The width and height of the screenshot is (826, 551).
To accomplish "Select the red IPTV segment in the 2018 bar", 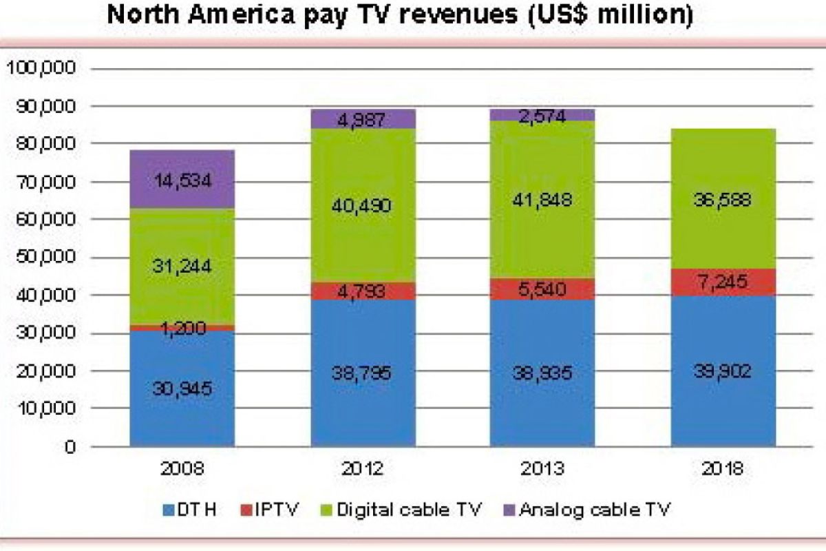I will click(x=723, y=282).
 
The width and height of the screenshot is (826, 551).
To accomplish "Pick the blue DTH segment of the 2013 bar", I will click(x=542, y=376).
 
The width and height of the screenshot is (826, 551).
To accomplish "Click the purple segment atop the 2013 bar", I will click(x=542, y=115).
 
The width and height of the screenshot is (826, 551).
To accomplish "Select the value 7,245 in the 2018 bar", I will click(x=723, y=282).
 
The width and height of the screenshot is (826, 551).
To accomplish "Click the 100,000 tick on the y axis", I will click(x=44, y=69).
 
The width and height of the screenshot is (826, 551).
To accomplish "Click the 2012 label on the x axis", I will click(x=363, y=470).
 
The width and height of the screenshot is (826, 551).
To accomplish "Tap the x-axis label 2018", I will click(x=723, y=470).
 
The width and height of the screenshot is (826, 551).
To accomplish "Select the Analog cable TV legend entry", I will click(x=588, y=510).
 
